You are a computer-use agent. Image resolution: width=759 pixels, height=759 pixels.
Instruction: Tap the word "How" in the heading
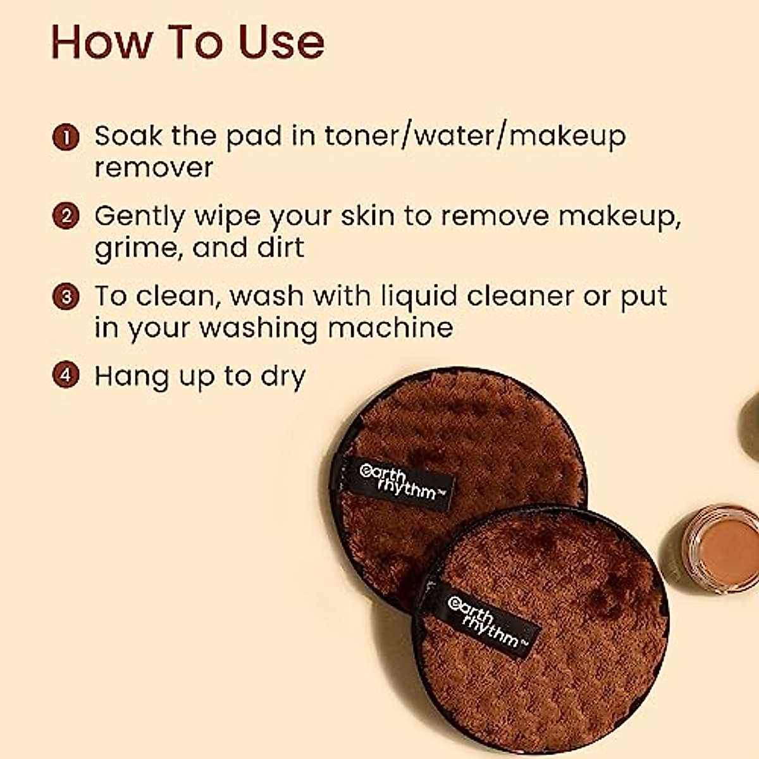(x=101, y=42)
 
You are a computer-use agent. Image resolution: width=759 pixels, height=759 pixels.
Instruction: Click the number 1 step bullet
(x=65, y=137)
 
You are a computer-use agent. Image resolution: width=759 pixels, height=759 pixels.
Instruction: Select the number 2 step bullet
(x=65, y=216)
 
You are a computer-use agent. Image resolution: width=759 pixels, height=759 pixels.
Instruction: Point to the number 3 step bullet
(x=65, y=296)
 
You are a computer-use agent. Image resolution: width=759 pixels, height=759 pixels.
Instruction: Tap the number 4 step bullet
(x=65, y=376)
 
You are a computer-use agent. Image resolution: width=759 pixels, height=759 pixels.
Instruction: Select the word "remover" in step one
(x=154, y=168)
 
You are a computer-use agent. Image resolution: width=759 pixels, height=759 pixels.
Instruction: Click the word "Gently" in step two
(x=139, y=217)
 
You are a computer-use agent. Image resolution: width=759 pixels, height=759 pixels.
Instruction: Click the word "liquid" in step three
(x=418, y=297)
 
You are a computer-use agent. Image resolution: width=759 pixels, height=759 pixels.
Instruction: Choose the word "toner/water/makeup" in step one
(x=475, y=137)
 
